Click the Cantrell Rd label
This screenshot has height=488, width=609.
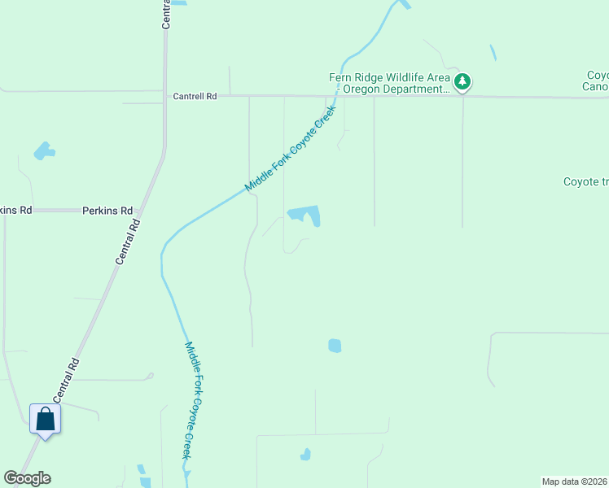[x=195, y=96]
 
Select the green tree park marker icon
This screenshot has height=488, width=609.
[x=462, y=81]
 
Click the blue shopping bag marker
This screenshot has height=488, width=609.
[x=45, y=420]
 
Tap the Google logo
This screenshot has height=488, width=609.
[x=27, y=478]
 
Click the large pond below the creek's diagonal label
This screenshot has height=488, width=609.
[x=306, y=215]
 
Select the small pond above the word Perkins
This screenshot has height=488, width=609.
[x=44, y=151]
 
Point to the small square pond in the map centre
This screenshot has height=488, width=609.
[x=335, y=346]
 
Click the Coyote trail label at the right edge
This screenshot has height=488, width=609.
[x=585, y=182]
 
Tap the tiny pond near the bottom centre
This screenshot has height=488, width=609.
[x=305, y=455]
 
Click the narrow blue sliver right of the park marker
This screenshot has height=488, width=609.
[x=493, y=53]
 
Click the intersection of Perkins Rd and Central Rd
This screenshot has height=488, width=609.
[x=140, y=211]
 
